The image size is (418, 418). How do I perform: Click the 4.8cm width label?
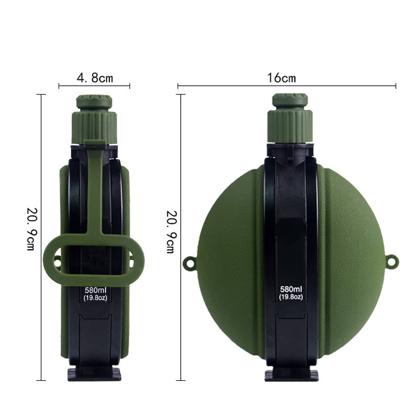[95, 78]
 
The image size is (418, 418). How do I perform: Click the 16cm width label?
[282, 78]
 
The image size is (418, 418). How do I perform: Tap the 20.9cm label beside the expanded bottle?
[170, 230]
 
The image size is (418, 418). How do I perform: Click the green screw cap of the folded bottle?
[94, 118]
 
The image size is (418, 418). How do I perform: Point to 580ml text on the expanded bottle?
[291, 289]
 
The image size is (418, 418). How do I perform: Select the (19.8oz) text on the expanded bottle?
[291, 297]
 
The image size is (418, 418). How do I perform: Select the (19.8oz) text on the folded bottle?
[94, 298]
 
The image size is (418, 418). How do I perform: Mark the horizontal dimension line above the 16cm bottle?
[324, 86]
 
